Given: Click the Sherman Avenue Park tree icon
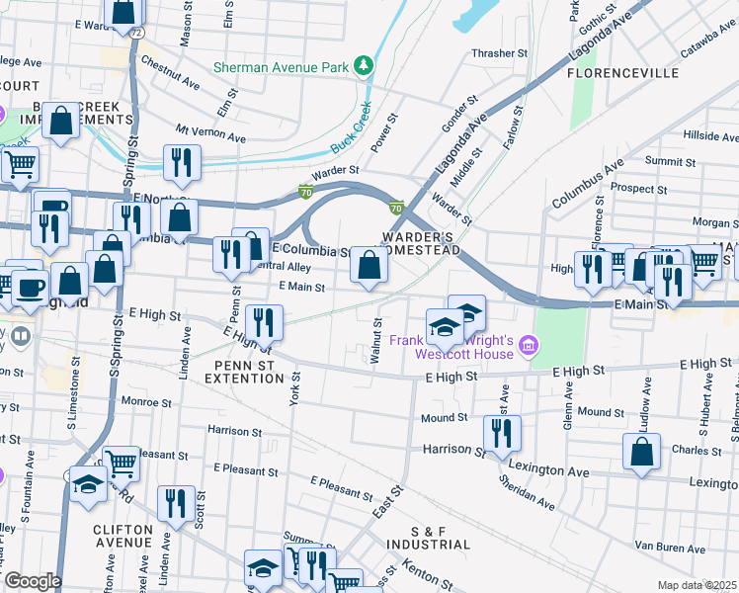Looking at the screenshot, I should (x=366, y=66).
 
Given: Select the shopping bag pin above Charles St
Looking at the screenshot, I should (x=641, y=453).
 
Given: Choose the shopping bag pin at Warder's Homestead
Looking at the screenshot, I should (x=369, y=266).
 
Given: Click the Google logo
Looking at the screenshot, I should (x=33, y=581).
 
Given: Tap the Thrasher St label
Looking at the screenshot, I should (x=494, y=53).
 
